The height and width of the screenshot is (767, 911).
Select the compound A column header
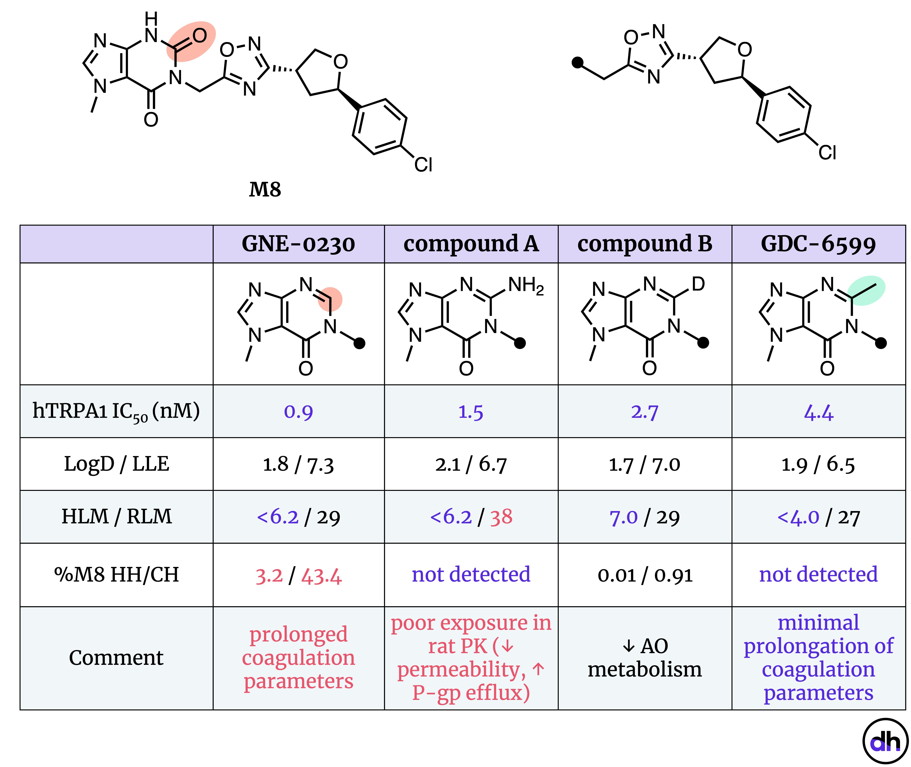pos(471,244)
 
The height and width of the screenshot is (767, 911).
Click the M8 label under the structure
pos(265,190)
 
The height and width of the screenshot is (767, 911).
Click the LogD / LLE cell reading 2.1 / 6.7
pos(471,464)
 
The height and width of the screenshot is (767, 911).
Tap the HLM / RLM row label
pos(116,517)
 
